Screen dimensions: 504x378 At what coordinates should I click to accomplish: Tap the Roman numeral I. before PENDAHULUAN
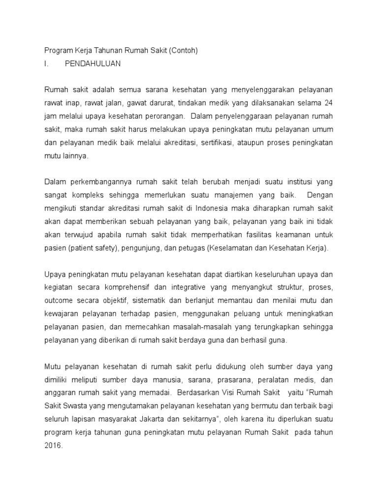coord(47,63)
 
